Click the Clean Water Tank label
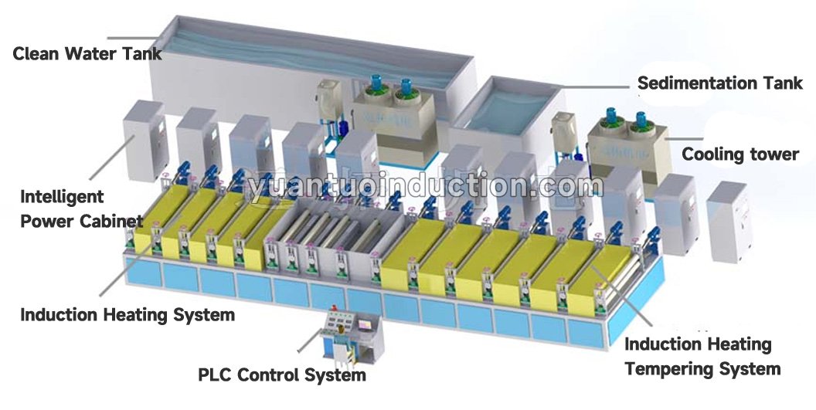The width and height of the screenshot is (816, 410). tap(87, 53)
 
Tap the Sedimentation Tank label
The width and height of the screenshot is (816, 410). tap(720, 83)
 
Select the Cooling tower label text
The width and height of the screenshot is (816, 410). tap(740, 154)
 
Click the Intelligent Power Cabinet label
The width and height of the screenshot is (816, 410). tap(82, 208)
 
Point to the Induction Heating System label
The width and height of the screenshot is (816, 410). tap(127, 315)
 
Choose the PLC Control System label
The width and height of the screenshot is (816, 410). tap(282, 375)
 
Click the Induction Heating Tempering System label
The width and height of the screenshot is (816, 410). tap(702, 357)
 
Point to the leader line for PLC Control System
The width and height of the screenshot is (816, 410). tap(310, 341)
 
